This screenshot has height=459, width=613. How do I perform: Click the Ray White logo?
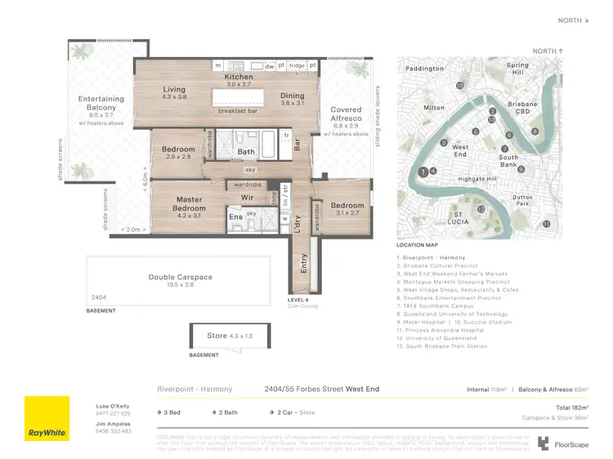point(47,418)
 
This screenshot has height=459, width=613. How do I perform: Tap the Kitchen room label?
point(239,78)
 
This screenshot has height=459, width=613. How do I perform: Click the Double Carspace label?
point(180,277)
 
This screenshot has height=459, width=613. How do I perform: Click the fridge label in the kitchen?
point(296,65)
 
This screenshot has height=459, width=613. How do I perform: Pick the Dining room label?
point(292,96)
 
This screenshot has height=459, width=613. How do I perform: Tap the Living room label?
point(174,90)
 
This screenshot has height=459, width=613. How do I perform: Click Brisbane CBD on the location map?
point(522,109)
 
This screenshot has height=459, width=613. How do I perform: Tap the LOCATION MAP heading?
point(418,245)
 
